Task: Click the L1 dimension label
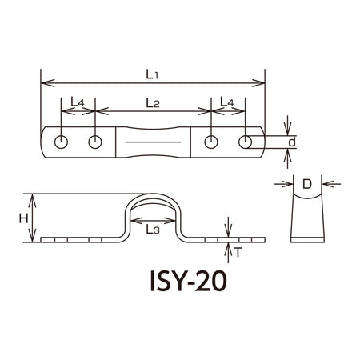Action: tap(152, 74)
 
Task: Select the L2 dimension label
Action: tap(153, 103)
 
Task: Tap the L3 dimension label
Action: tap(153, 230)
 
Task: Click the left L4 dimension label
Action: tap(78, 102)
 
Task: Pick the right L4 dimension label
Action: tap(227, 102)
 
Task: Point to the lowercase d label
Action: tap(292, 142)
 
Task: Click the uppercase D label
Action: tap(307, 184)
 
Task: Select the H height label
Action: tap(23, 219)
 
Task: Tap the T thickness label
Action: tap(238, 252)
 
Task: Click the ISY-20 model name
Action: tap(189, 281)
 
